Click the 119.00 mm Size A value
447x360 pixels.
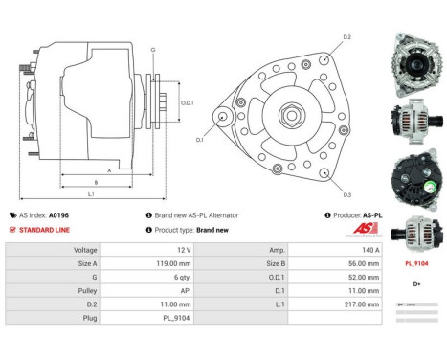[166, 261]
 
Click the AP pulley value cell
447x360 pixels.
[166, 289]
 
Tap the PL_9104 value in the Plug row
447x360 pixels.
[166, 316]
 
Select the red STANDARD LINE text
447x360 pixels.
[45, 230]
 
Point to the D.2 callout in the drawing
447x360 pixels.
[346, 37]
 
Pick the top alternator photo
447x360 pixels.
[413, 64]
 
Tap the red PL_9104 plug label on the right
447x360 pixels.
[415, 262]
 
